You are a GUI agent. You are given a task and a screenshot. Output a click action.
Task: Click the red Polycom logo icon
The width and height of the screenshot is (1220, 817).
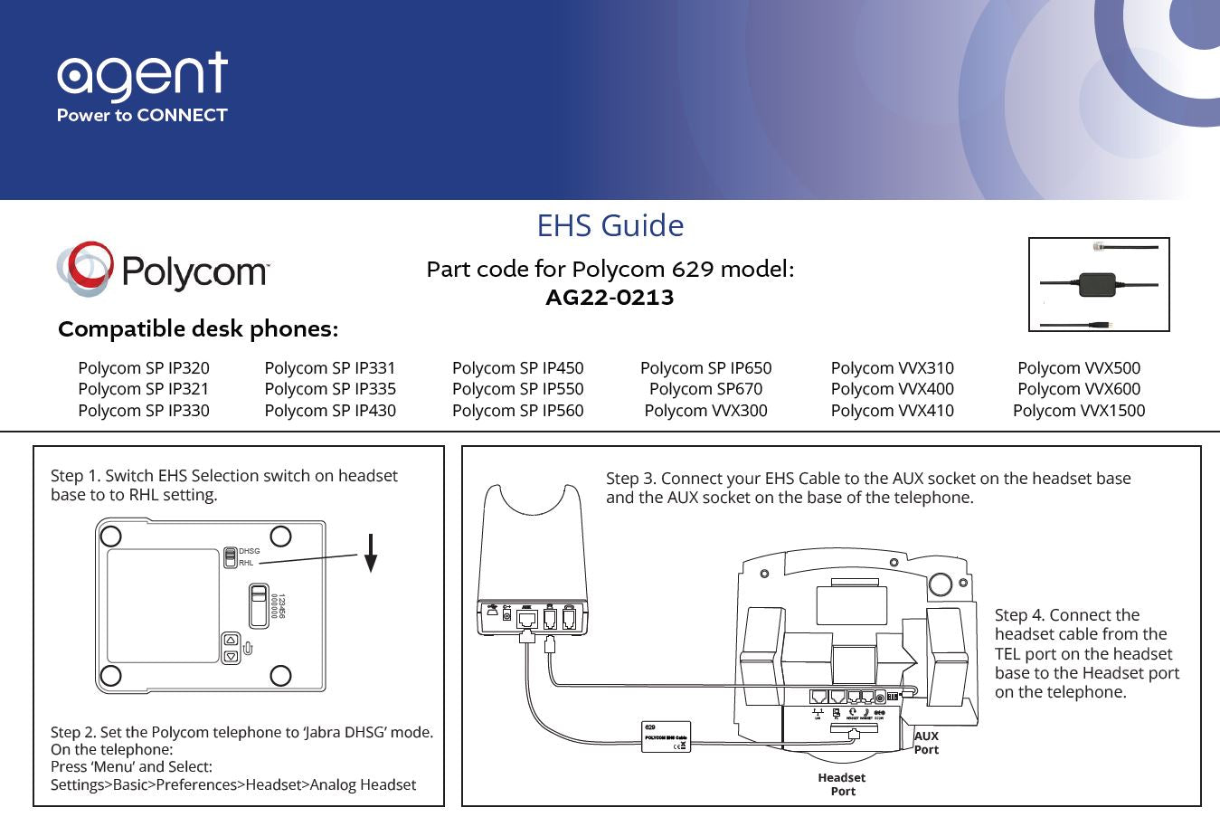pos(85,268)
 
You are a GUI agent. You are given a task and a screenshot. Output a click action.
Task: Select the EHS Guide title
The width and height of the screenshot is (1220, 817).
pos(610,225)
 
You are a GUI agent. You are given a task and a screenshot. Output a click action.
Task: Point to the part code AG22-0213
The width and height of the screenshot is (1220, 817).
pos(610,298)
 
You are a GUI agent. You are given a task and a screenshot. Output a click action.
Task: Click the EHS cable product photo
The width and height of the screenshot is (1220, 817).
pos(1099,284)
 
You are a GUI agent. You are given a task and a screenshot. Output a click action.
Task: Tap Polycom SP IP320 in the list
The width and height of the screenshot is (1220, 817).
pos(144,368)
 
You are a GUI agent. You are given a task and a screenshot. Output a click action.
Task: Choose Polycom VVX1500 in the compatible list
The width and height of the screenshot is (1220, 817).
pos(1078,411)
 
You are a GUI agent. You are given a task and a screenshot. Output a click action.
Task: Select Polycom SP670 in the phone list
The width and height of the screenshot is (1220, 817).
pos(705,389)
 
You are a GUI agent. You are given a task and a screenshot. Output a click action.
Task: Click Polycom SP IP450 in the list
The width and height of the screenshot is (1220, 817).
pos(517,368)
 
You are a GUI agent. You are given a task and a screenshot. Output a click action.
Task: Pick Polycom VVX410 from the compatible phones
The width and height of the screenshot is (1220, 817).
pos(892,411)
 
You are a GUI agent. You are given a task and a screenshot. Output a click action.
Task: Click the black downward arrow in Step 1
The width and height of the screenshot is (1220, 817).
pos(370,553)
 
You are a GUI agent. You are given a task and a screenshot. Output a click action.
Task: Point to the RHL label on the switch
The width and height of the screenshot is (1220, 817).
pos(246,563)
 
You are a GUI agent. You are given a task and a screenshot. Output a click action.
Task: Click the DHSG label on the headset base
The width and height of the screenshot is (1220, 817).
pos(249,551)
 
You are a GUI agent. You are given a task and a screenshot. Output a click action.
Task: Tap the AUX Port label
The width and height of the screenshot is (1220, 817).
pos(926,743)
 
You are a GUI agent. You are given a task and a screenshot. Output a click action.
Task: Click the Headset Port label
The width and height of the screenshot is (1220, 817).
pos(842,784)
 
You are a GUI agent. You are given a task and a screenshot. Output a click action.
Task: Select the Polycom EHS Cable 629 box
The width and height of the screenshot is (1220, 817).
pos(667,737)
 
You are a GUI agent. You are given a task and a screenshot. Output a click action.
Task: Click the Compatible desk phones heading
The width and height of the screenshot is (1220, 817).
pos(198,329)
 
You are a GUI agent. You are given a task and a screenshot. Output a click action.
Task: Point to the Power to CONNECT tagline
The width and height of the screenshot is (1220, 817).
pos(142,116)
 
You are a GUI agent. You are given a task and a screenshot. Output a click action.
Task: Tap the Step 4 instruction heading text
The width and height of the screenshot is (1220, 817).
pos(1067,615)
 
